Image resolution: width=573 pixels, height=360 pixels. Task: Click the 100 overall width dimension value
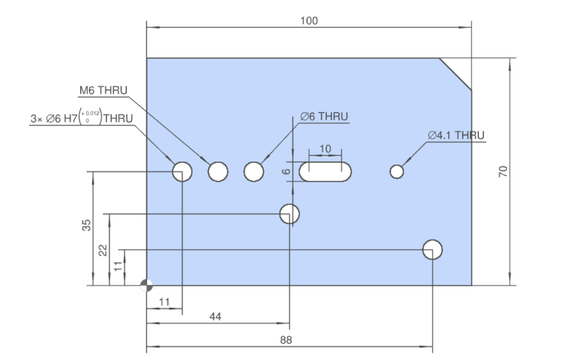pos(309,21)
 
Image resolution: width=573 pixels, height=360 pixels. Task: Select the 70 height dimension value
pos(503,171)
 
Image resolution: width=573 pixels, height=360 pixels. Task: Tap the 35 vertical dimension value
pos(86,225)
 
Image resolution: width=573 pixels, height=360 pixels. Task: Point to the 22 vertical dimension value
pos(103,251)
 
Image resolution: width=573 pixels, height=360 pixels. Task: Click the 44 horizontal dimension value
pos(215,317)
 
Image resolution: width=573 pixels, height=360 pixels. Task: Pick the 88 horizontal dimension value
pos(286,340)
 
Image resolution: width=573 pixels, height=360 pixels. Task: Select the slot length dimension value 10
pos(325,148)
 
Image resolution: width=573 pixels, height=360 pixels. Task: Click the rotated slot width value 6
pos(286,171)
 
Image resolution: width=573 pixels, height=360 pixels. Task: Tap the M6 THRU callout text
pos(104,90)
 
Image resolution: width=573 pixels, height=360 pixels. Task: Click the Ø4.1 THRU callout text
pos(456,135)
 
